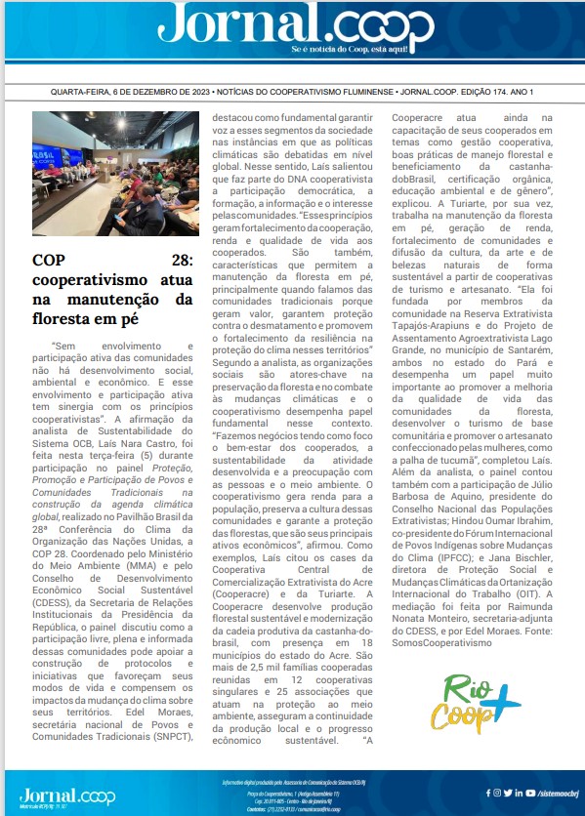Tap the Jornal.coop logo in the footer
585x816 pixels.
click(x=54, y=794)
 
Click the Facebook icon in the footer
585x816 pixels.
click(x=486, y=793)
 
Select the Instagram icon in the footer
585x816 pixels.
click(x=497, y=793)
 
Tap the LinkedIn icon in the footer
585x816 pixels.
click(x=518, y=793)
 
